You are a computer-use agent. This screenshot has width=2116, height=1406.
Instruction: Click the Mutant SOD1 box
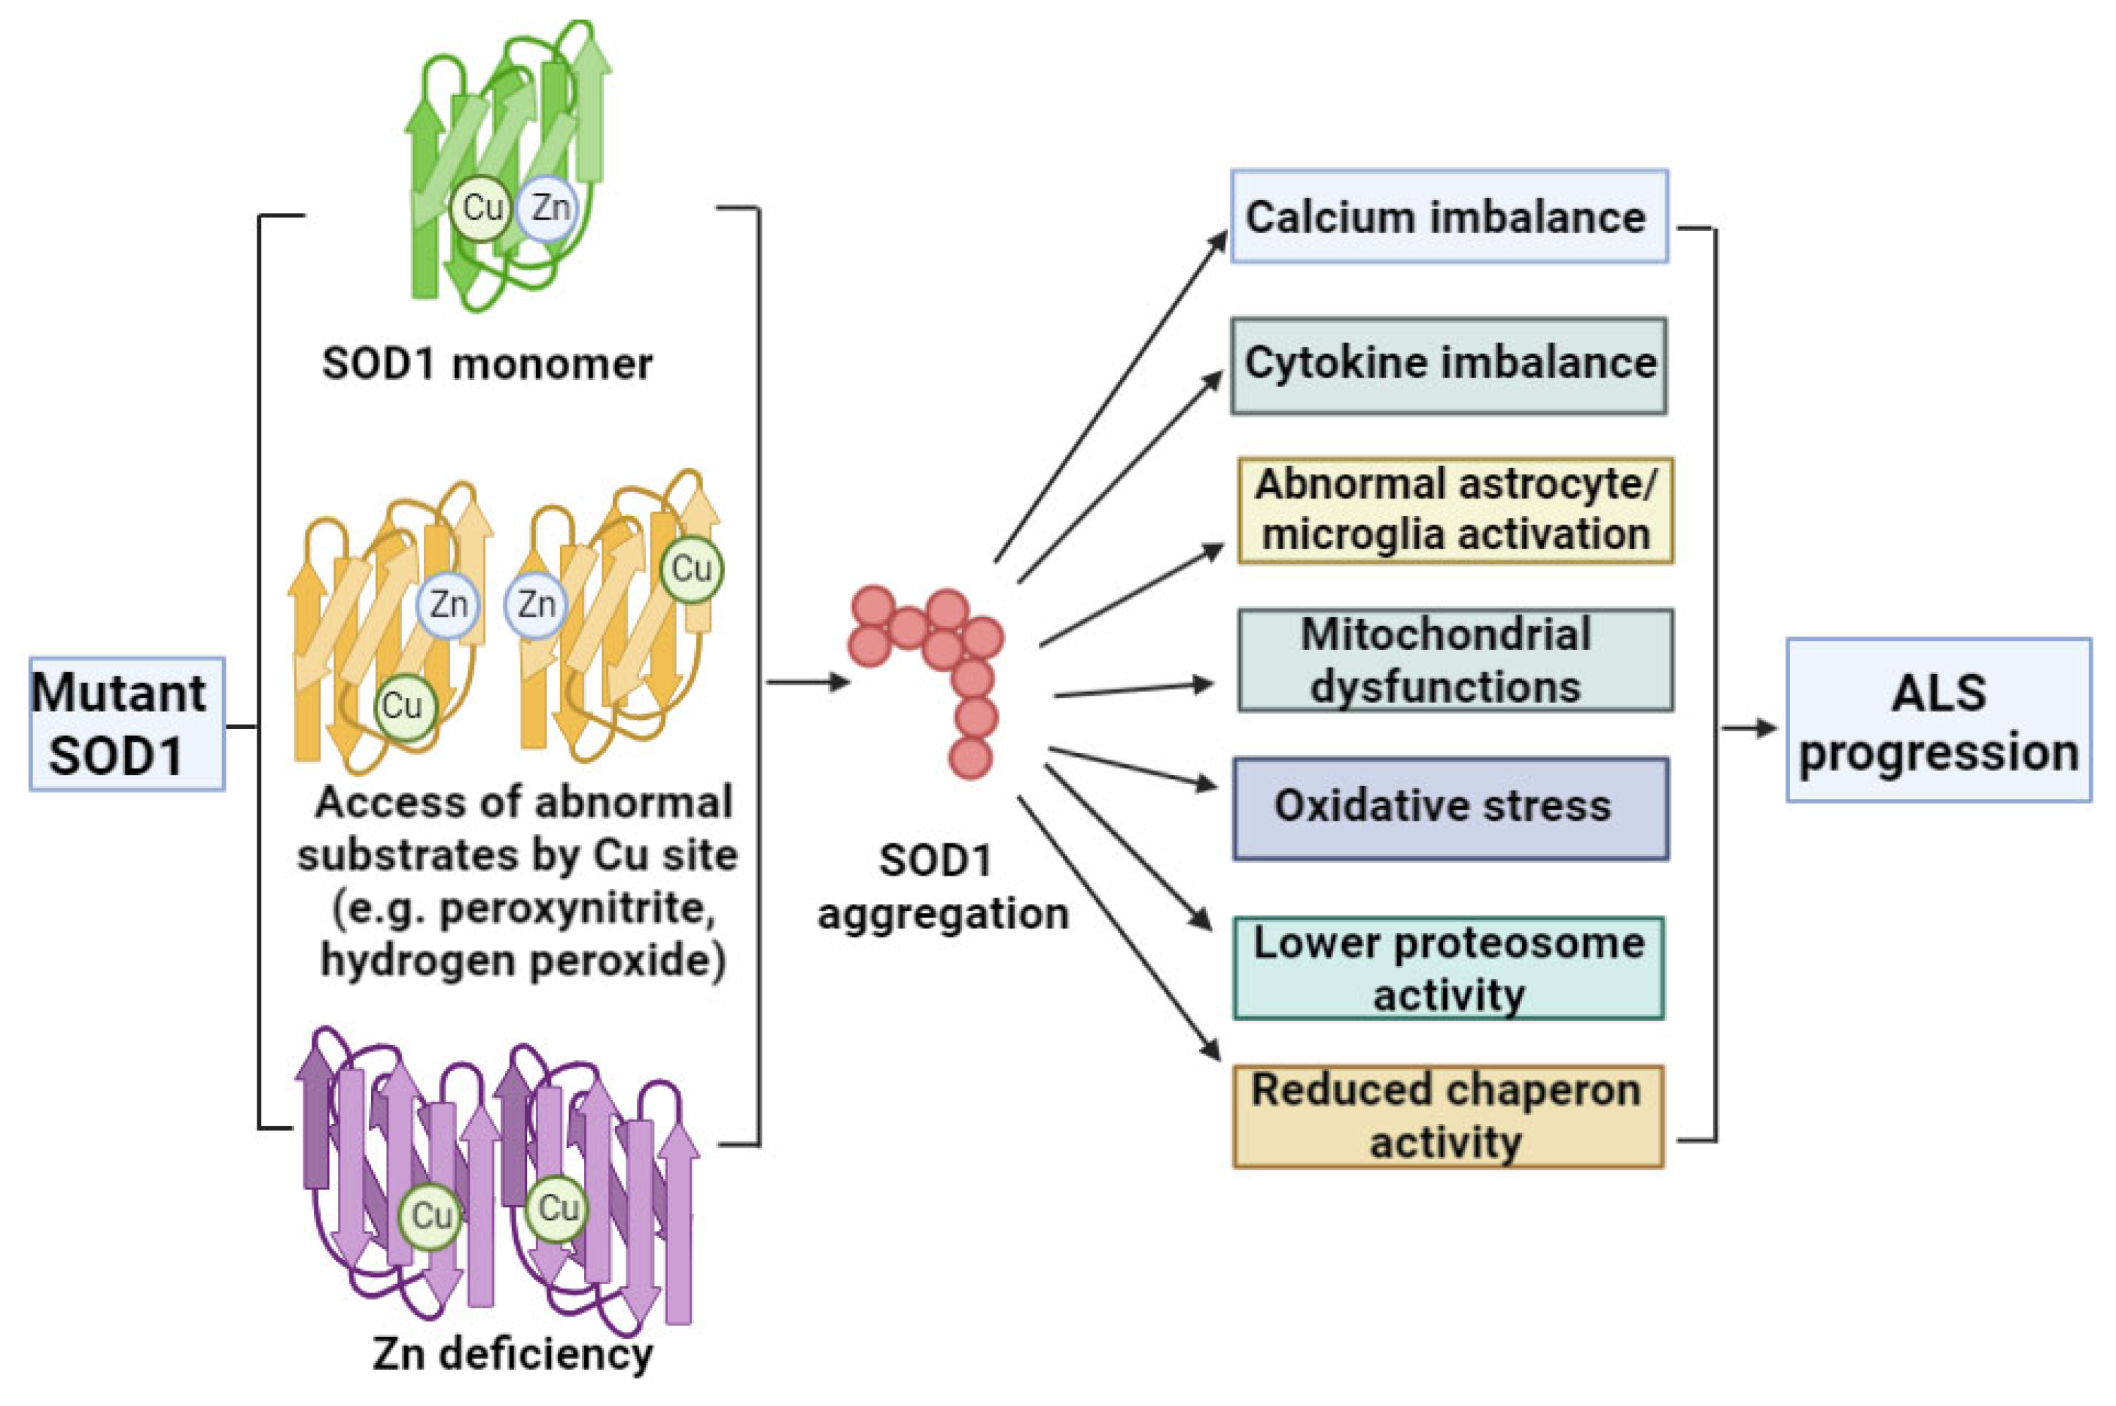(x=126, y=724)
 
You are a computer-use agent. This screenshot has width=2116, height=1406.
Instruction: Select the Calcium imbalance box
(x=1448, y=217)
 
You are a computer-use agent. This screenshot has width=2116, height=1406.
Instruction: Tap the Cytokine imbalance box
(x=1448, y=365)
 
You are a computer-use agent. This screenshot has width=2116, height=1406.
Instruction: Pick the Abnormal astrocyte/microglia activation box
(x=1455, y=510)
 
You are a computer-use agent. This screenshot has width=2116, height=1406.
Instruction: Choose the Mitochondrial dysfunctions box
(x=1455, y=660)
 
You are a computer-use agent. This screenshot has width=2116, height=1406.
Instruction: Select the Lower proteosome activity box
(x=1448, y=968)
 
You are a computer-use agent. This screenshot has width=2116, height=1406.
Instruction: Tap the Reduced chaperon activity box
(x=1448, y=1116)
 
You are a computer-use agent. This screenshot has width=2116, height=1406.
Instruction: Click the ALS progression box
(x=1938, y=720)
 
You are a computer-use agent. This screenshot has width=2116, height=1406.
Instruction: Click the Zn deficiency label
(x=512, y=1354)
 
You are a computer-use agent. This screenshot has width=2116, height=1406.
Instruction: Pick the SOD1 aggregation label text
(x=942, y=888)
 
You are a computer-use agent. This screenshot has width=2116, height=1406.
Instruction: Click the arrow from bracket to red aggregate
(x=807, y=682)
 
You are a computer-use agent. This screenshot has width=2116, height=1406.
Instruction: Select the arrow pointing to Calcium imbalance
(x=1113, y=394)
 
